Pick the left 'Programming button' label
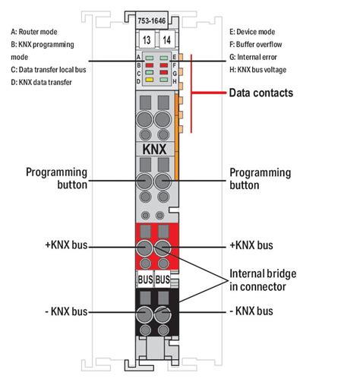[x=57, y=178]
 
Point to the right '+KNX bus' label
[x=251, y=245]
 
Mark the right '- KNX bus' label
[x=251, y=311]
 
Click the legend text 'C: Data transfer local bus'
[x=49, y=69]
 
